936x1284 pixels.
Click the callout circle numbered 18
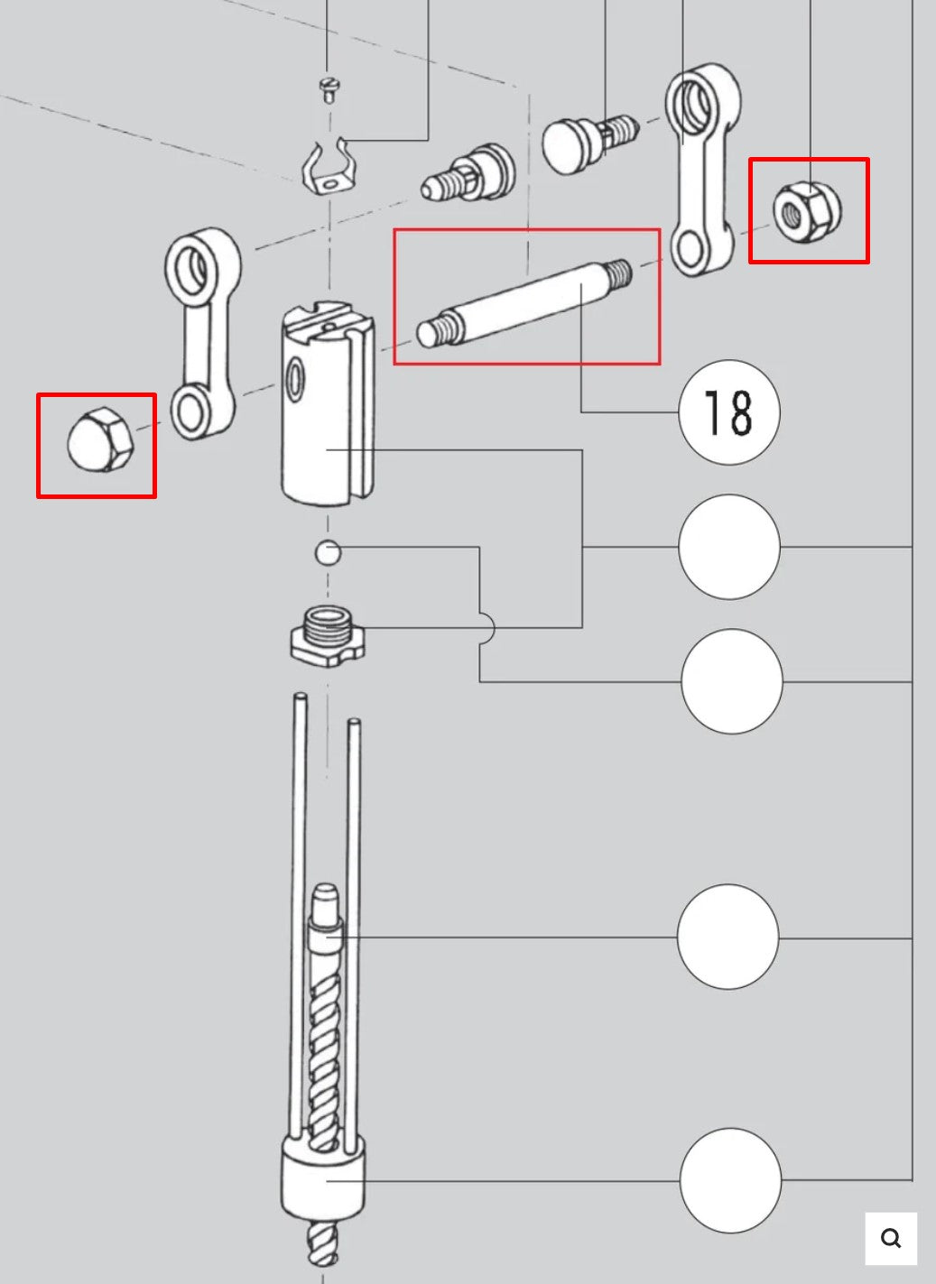(728, 413)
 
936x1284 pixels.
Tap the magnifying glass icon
(890, 1238)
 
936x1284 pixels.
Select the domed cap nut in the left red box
(100, 439)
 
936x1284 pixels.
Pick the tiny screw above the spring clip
(329, 88)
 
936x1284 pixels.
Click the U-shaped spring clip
(327, 169)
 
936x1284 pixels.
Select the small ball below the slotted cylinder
(328, 551)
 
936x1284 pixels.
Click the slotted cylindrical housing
(325, 406)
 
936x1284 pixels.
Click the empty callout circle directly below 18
(728, 547)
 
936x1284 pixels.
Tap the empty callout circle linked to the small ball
(731, 681)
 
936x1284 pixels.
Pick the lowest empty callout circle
(729, 1180)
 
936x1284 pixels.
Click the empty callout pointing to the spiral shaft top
(727, 937)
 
